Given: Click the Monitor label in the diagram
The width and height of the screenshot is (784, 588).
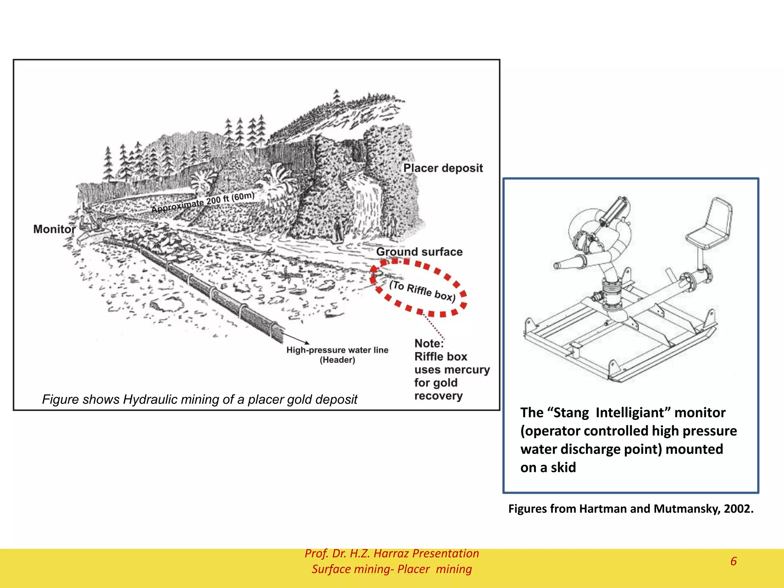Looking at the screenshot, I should coord(54,229).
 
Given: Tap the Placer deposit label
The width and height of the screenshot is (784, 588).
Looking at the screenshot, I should coord(443,168).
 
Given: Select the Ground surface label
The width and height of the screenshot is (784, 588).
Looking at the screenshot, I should coord(419,252).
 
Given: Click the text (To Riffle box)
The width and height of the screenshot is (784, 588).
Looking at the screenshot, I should coord(422,291).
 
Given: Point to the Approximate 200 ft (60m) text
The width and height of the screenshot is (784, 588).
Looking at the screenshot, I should coord(203,203).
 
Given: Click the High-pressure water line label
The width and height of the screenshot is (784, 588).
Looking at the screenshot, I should coord(337,350).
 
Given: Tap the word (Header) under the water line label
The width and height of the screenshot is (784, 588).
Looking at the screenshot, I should coord(337,360).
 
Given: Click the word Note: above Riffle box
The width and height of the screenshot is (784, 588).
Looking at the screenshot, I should coord(429,343).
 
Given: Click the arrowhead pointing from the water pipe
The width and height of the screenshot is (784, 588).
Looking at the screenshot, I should coord(306,342).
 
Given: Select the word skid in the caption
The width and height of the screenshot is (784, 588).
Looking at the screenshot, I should coord(563,467).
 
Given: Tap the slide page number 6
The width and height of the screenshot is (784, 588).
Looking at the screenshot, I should coord(733,561).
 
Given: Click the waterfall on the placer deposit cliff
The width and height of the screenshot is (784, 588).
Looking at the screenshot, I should coord(366,199).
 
